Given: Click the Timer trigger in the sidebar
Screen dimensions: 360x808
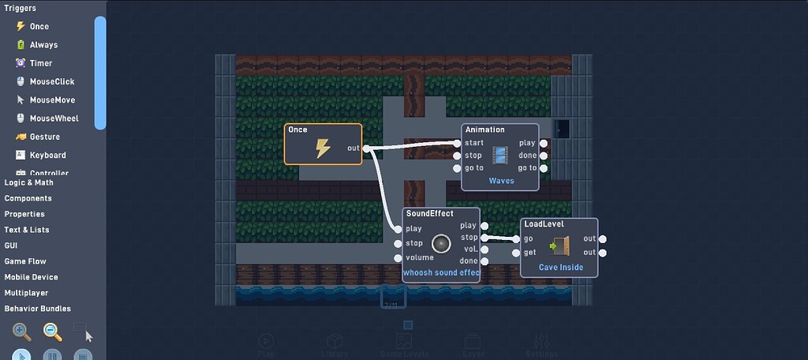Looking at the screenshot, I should (x=40, y=63).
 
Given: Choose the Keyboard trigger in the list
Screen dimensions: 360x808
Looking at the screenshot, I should (x=47, y=155).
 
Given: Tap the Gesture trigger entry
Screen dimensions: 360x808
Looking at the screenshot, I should (x=44, y=137).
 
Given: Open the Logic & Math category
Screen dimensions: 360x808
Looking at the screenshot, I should (x=29, y=182).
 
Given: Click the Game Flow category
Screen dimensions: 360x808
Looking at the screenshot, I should (x=25, y=261).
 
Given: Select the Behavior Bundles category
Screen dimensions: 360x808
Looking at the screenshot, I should (x=38, y=309).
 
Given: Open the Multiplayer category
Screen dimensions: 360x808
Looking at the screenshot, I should (x=28, y=293).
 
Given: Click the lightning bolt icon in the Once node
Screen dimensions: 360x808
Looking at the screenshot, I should (x=323, y=148).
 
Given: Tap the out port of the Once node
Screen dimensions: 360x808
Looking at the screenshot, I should (x=366, y=148).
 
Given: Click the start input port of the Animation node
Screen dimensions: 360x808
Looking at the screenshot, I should (x=457, y=143).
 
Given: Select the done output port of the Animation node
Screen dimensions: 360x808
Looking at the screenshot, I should (x=544, y=156).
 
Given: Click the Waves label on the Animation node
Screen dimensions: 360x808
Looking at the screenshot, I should (x=501, y=181).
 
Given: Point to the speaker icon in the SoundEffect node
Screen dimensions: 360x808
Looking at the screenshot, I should (x=441, y=243).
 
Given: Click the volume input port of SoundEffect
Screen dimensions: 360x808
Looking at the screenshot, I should (x=398, y=257).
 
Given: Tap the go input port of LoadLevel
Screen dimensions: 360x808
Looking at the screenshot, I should (x=516, y=239).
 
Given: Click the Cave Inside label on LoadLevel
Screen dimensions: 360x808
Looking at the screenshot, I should (x=561, y=268).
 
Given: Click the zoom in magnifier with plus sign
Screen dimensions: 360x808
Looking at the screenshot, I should (x=22, y=332).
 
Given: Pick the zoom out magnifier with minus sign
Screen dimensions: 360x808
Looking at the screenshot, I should (x=52, y=332).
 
